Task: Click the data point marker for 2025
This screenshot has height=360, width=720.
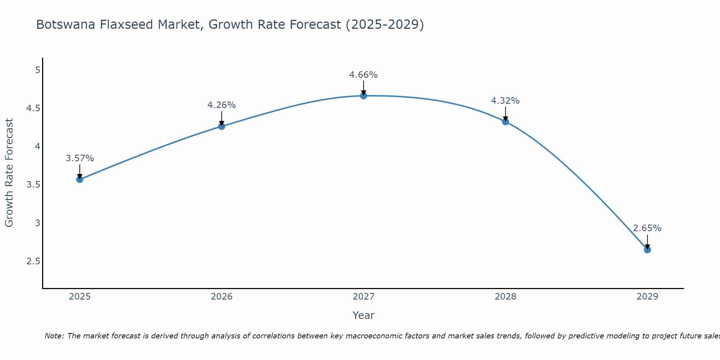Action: (80, 179)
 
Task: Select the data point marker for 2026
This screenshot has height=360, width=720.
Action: (221, 126)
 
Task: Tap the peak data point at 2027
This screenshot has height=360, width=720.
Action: (363, 96)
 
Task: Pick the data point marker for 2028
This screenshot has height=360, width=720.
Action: (505, 122)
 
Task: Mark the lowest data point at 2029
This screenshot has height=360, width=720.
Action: (647, 249)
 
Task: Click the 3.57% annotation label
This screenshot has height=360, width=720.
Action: (80, 158)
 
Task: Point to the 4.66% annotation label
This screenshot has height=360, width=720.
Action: (363, 75)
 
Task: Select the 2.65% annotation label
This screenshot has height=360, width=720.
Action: (647, 228)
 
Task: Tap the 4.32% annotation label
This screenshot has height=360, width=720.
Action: (505, 101)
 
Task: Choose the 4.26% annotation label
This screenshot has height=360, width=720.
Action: (221, 105)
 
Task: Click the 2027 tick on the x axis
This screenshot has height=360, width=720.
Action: (363, 297)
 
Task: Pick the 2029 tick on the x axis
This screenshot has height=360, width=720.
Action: (647, 297)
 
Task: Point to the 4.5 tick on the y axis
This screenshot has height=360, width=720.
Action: (33, 108)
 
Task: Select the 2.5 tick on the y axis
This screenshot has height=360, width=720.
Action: (33, 261)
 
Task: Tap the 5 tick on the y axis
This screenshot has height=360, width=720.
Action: (37, 70)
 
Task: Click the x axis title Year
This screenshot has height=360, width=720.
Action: (363, 315)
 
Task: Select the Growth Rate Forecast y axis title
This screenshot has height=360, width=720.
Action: (9, 173)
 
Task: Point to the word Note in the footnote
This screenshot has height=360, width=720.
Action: (54, 336)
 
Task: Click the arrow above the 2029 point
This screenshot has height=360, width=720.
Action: (647, 242)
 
